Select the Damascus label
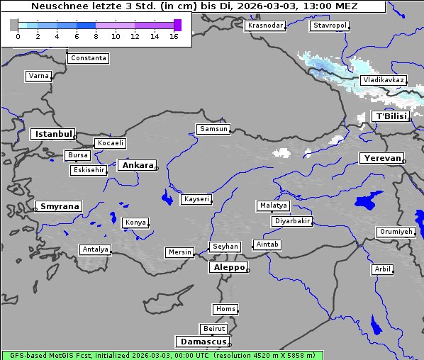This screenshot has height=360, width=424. click(x=202, y=342)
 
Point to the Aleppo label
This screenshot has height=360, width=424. click(x=228, y=267)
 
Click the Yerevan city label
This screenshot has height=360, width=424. click(x=381, y=158)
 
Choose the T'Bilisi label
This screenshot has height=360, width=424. click(x=391, y=116)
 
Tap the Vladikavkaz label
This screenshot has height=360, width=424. click(x=383, y=80)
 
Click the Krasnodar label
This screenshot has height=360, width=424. click(x=265, y=26)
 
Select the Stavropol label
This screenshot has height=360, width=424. click(x=330, y=26)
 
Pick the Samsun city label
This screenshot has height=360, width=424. click(x=213, y=129)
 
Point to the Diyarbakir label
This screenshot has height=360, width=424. click(x=292, y=221)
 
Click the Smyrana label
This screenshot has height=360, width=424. click(x=59, y=206)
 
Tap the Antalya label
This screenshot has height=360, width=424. click(x=95, y=249)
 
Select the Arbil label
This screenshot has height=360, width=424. click(x=383, y=269)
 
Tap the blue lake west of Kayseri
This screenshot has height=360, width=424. click(x=167, y=197)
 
